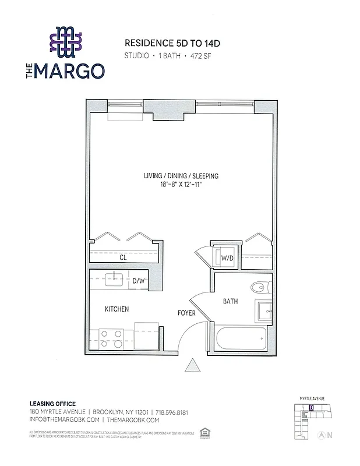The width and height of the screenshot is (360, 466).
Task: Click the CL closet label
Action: point(123,257)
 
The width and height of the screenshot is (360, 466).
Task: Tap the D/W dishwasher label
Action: point(139,281)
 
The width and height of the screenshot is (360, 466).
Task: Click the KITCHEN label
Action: point(117,309)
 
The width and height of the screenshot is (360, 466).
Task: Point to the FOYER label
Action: point(186,313)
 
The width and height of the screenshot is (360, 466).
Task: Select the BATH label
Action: point(230,302)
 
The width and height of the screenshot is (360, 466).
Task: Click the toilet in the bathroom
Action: point(260,288)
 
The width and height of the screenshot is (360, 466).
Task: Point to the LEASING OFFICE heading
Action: point(52,404)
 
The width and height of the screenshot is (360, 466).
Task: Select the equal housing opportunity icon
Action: point(204,432)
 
